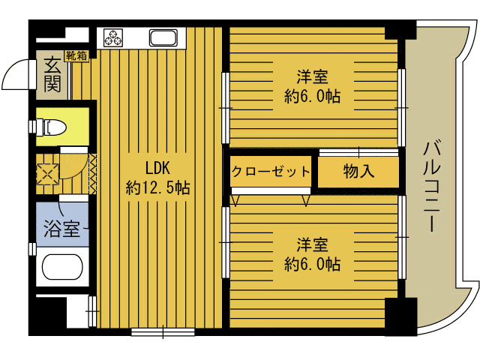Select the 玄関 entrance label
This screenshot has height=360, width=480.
[x=52, y=74]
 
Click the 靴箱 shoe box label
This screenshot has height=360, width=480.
[x=76, y=55]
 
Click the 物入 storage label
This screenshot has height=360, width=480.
[x=358, y=172]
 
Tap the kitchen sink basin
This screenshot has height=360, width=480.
[x=163, y=37]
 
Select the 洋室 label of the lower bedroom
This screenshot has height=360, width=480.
[x=312, y=244]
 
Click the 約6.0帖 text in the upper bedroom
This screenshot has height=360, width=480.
[x=312, y=97]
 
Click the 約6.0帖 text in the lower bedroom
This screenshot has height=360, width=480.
[x=312, y=264]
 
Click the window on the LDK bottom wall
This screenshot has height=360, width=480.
[x=162, y=330]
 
